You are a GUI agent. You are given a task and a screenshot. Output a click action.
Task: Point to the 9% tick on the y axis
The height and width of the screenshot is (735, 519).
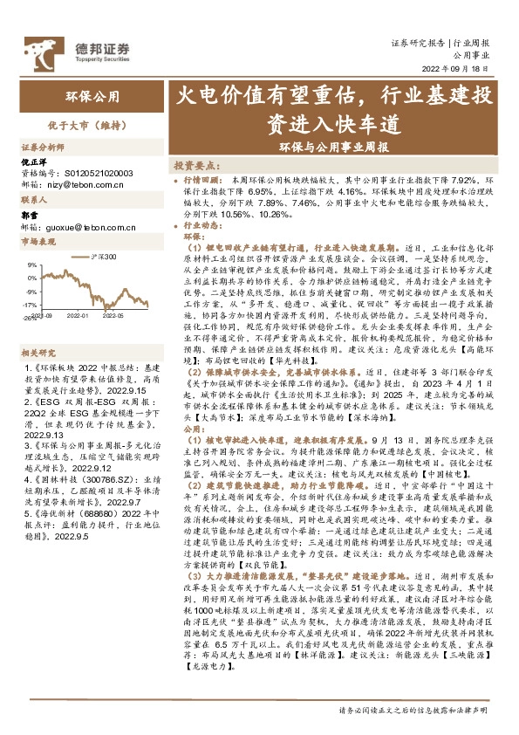31,264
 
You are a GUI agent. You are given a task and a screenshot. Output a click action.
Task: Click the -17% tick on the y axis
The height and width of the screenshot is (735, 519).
30,305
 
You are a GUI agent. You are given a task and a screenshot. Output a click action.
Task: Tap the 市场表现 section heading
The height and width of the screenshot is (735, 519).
38,242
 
